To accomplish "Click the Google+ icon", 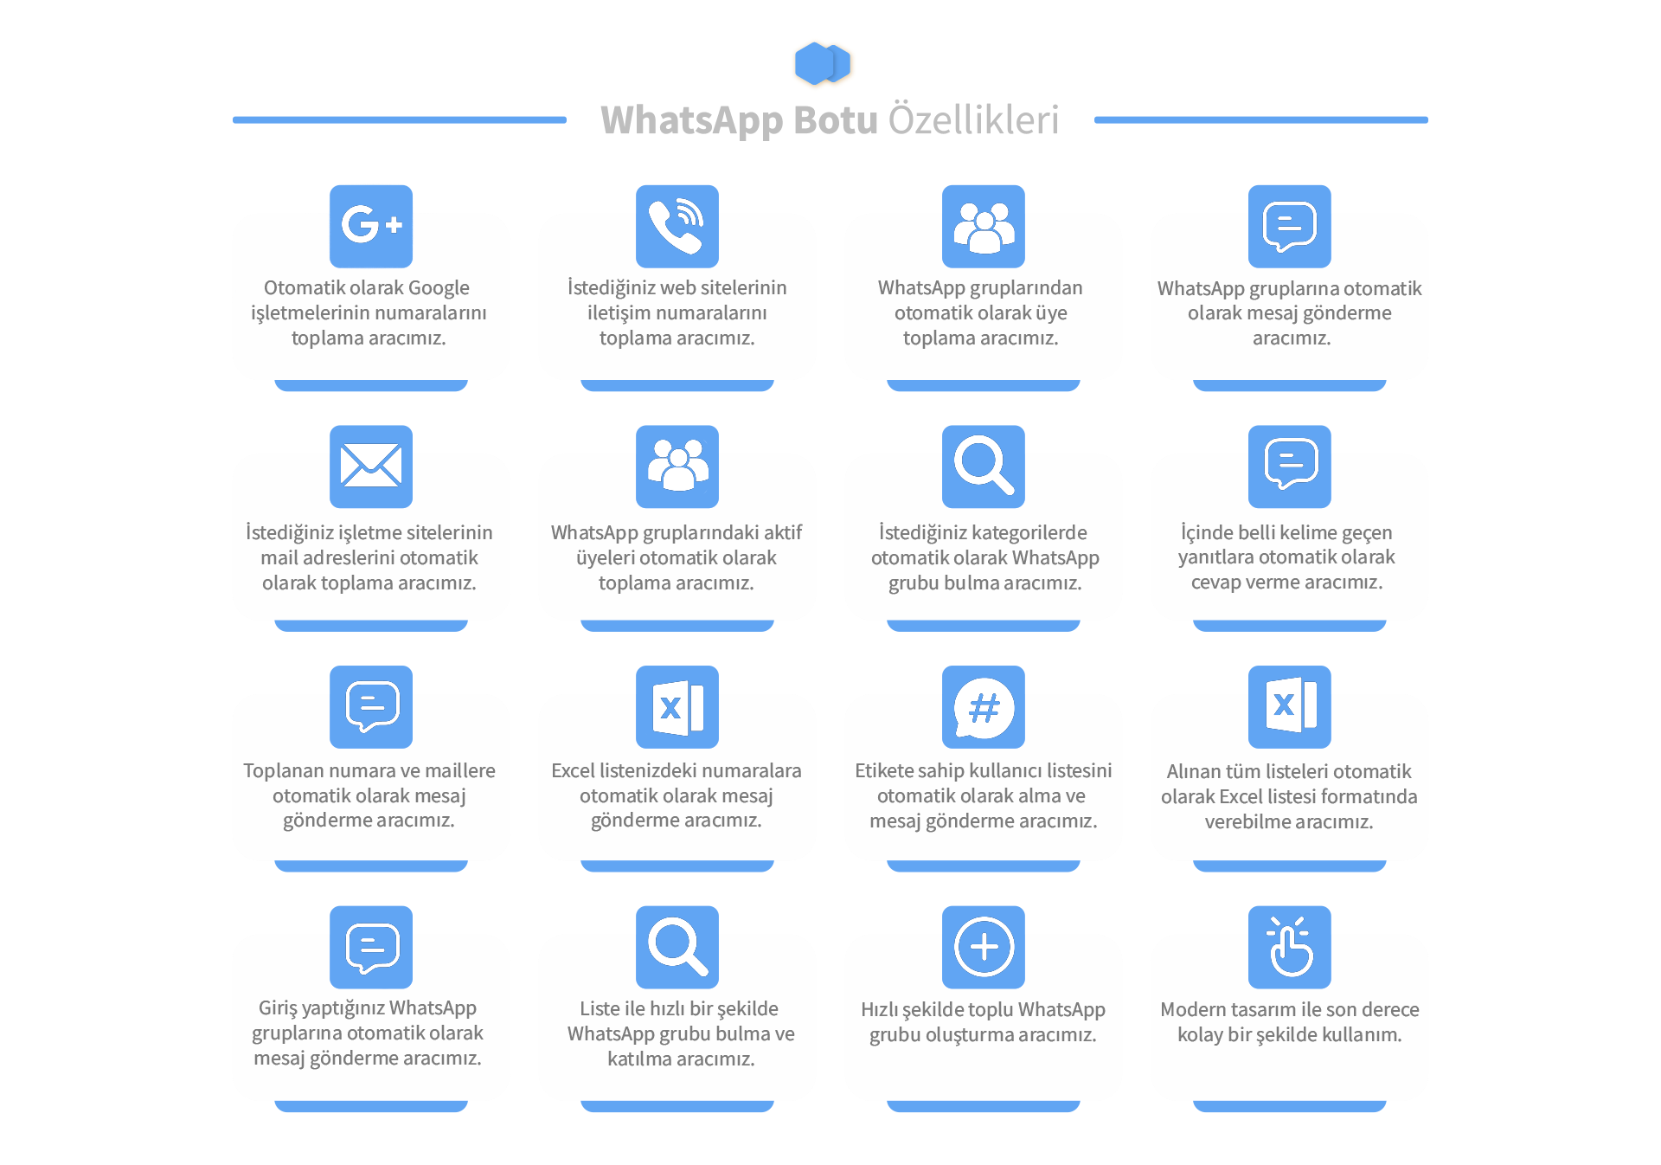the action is click(371, 226).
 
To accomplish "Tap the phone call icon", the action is click(677, 226).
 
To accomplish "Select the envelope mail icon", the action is click(371, 467).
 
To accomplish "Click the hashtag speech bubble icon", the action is click(984, 707).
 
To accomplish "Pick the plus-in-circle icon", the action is click(984, 947).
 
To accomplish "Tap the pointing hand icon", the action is click(1290, 947).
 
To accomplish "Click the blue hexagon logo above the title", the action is click(823, 63).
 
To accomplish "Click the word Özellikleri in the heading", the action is click(974, 119).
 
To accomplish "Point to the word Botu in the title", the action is click(836, 119).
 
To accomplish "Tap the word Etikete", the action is click(884, 770).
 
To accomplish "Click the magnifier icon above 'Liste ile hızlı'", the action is click(677, 947).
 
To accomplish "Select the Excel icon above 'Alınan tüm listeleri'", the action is click(1290, 707).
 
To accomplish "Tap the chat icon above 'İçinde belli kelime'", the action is click(1290, 467).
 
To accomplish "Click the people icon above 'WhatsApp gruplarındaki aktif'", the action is click(677, 467).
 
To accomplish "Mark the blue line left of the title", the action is click(400, 120).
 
